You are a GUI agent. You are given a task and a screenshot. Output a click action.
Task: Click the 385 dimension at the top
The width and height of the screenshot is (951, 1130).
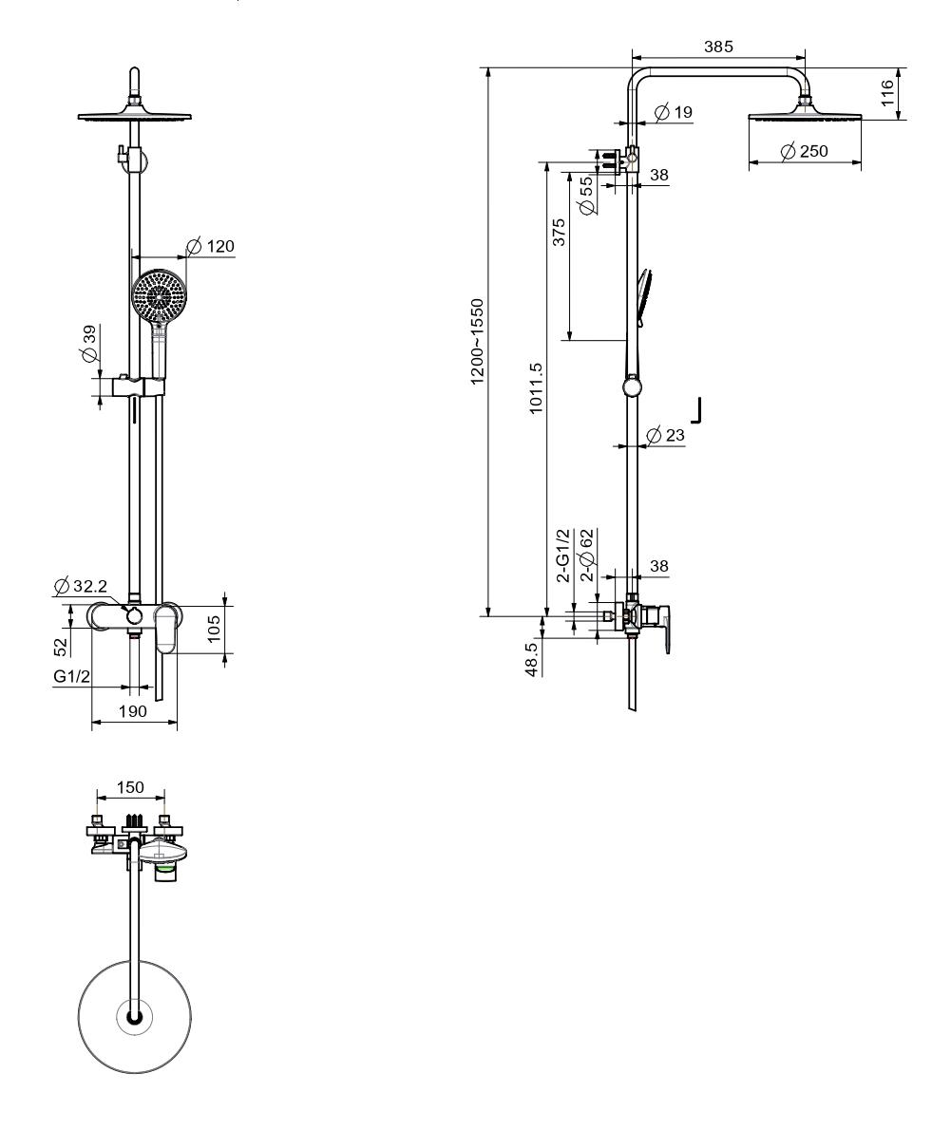point(718,47)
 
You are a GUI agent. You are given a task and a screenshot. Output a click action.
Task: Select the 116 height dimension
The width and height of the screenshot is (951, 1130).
point(886,93)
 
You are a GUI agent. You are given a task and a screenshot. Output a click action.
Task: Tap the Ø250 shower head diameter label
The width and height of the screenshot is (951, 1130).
point(804,151)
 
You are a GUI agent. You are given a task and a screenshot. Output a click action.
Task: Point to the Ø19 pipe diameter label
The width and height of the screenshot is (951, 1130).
point(673,112)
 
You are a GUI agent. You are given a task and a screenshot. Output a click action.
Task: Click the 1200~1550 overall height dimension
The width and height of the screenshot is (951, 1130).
point(477,342)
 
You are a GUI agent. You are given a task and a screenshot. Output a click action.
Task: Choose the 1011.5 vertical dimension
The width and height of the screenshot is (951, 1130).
point(535,387)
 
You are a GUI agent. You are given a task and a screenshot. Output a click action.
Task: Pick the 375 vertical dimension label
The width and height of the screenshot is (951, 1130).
point(559,233)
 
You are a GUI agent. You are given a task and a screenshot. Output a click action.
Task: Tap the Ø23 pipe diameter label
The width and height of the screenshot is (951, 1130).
point(665,435)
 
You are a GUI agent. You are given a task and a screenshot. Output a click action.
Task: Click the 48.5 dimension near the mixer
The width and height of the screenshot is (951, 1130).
point(531,657)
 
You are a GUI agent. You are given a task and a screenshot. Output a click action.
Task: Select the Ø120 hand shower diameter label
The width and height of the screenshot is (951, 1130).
point(211,247)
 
